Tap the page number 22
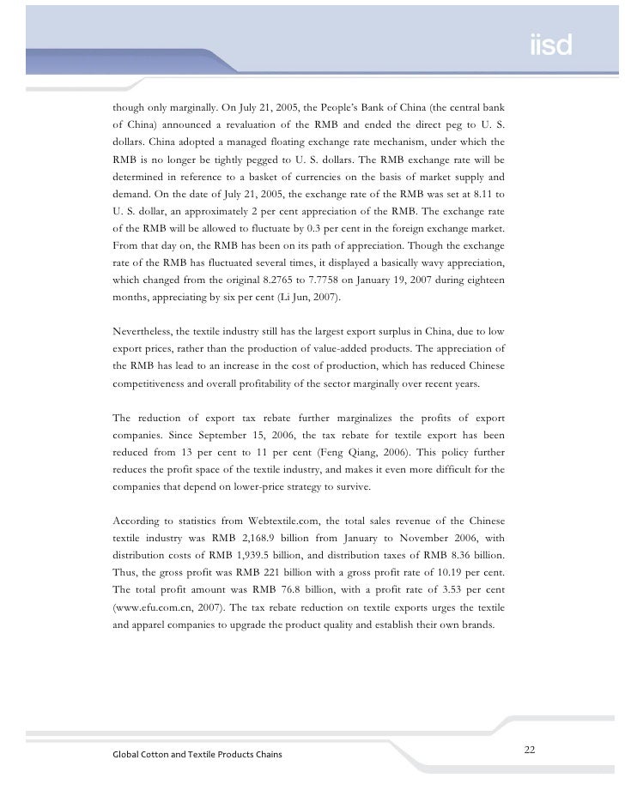[x=530, y=751]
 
